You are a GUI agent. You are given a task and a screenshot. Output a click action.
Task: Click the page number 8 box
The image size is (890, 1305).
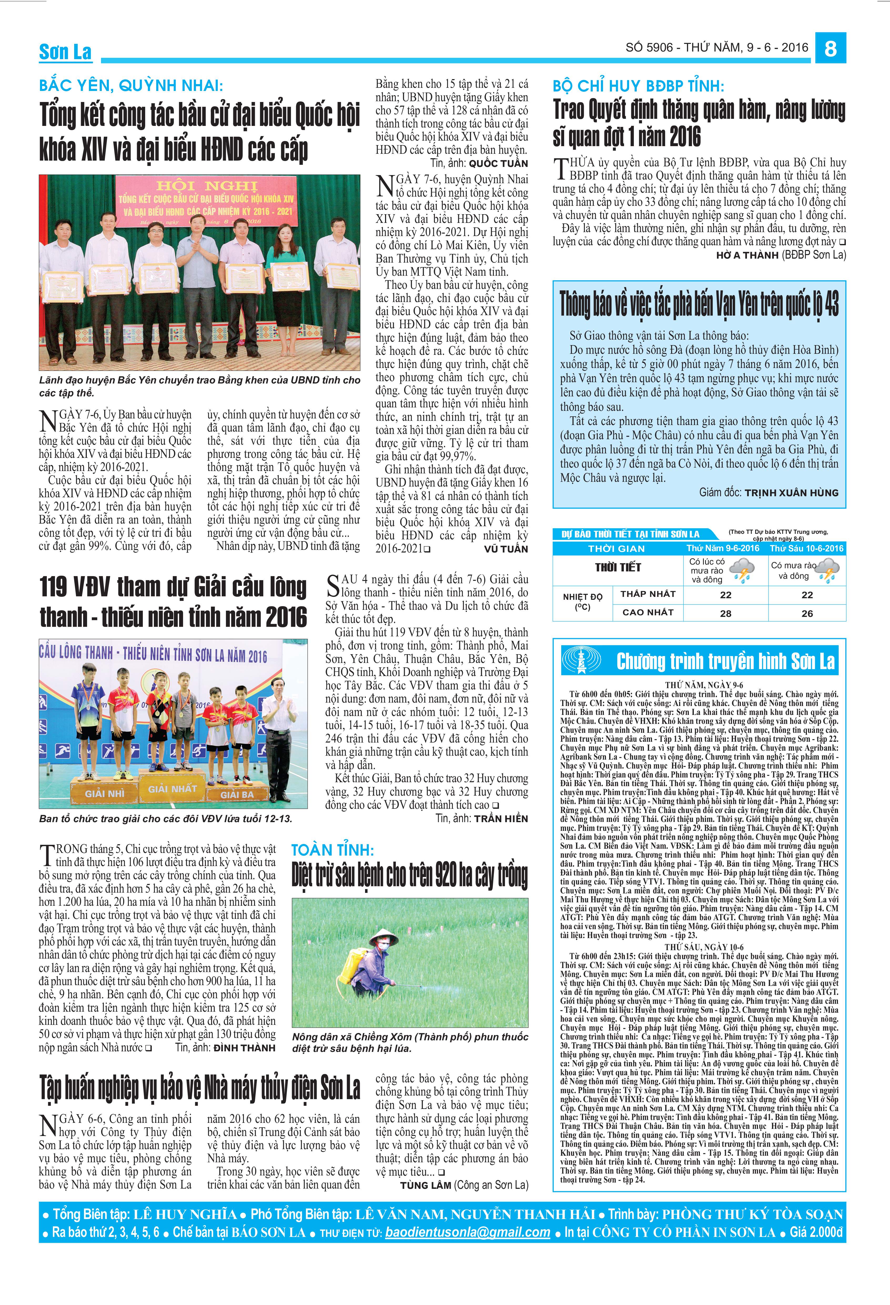point(831,48)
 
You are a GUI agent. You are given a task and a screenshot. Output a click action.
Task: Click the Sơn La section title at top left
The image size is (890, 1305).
point(65,52)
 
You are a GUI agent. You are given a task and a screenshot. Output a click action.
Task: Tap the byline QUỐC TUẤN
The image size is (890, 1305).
point(498,163)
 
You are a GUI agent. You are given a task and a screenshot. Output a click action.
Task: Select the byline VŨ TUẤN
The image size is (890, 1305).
point(506,549)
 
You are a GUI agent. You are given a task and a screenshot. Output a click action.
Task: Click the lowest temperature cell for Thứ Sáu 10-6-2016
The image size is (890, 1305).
point(807,595)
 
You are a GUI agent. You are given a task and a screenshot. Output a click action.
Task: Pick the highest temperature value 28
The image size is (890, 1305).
point(725,613)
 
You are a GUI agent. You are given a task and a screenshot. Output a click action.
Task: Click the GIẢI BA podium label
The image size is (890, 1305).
point(236,795)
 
